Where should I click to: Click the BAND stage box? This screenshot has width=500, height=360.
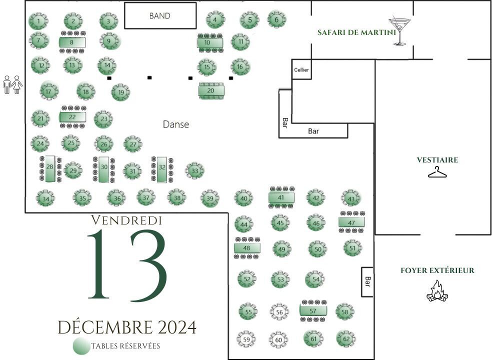(x=160, y=15)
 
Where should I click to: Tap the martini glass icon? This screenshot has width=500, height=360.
(x=399, y=31)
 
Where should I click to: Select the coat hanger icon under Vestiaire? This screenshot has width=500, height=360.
(x=437, y=172)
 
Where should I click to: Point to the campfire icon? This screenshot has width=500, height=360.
(x=437, y=291)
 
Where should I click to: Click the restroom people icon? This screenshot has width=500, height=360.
(x=12, y=84)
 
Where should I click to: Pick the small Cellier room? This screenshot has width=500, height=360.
(x=301, y=69)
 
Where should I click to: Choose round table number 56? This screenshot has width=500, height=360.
(x=279, y=312)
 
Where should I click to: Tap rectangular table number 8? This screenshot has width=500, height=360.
(x=72, y=42)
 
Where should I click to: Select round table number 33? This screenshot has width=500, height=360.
(x=194, y=171)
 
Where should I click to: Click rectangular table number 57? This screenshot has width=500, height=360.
(x=313, y=310)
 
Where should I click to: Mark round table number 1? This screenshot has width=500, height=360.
(x=38, y=21)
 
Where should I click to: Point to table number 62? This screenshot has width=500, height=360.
(x=346, y=338)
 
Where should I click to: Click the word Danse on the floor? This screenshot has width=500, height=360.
(x=176, y=124)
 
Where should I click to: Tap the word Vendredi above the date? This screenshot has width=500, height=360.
(x=126, y=220)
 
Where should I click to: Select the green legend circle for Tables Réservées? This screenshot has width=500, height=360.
(x=81, y=346)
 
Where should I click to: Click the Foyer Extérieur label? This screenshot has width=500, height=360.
(x=437, y=270)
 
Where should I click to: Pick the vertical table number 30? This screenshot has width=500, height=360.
(x=104, y=169)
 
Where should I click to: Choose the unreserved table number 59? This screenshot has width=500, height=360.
(x=246, y=339)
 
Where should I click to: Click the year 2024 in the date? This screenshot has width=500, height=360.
(x=177, y=327)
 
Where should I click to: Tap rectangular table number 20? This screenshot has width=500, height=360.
(x=211, y=91)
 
